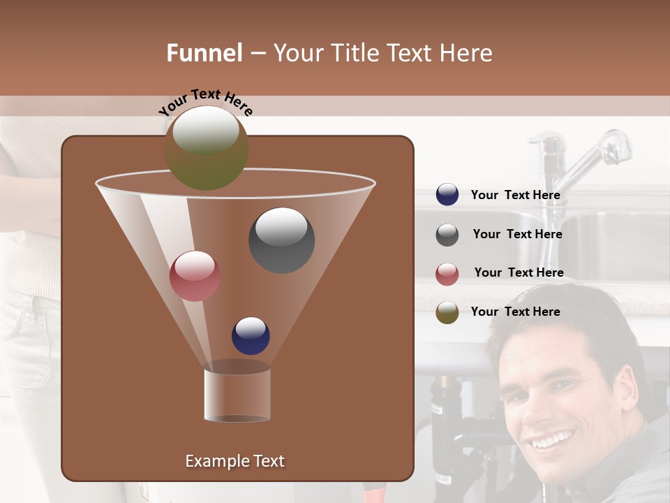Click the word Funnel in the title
(204, 53)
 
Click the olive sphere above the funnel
(206, 148)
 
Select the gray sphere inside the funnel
(281, 240)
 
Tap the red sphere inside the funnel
(195, 276)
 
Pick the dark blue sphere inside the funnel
(251, 336)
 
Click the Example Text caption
(234, 461)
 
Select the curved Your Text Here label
(205, 102)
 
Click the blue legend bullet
(447, 195)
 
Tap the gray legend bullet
(447, 235)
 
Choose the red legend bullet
(447, 274)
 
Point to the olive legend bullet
(447, 312)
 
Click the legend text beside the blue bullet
(515, 196)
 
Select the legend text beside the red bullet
(519, 272)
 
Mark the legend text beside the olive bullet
(515, 312)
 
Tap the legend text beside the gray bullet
(517, 235)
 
